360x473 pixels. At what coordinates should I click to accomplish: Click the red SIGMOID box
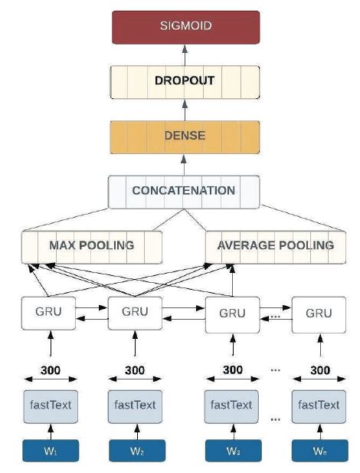coord(185,28)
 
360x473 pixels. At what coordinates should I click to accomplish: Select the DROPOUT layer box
coord(185,82)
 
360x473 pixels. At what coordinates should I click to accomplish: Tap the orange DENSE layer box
coord(185,137)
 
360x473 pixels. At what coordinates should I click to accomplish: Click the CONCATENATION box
coord(184,192)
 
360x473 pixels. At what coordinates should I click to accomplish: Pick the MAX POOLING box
coord(92,247)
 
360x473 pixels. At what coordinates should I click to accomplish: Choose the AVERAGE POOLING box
coord(276,247)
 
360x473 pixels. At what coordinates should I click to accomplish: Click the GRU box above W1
coord(48,313)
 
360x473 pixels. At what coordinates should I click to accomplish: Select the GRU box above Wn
coord(319,314)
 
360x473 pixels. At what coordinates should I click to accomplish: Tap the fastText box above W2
coord(135,406)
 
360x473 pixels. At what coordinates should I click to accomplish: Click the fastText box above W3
coord(231,406)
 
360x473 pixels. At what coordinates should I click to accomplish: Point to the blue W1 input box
coord(51,451)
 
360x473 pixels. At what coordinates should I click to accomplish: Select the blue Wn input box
coord(320,451)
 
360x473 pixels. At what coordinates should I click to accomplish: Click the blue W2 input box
coord(137,451)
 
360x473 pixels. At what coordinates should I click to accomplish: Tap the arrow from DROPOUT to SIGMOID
coord(185,55)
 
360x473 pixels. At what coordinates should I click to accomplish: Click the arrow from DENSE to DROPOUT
coord(185,110)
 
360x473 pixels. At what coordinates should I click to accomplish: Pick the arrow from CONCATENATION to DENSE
coord(185,165)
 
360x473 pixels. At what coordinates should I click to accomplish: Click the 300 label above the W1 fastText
coord(51,370)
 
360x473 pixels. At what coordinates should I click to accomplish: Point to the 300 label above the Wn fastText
coord(320,370)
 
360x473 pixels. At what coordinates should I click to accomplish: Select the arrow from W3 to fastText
coord(234,432)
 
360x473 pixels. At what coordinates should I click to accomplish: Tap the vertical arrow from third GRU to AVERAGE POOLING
coord(232,281)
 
